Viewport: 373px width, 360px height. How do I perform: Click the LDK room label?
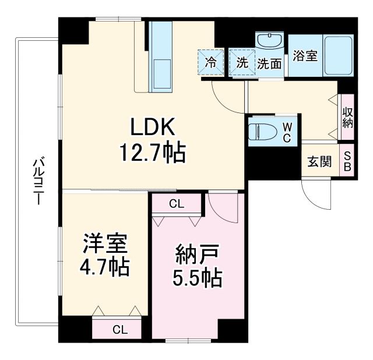point(152,126)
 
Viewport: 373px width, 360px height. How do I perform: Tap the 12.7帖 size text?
point(152,153)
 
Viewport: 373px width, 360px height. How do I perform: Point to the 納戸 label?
point(197,255)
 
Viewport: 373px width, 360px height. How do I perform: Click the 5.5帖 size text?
point(197,280)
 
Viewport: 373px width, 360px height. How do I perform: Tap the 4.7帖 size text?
point(105,267)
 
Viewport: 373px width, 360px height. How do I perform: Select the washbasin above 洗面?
point(270,43)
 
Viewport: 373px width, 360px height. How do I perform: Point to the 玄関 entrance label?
point(319,161)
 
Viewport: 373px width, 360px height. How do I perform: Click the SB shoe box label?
point(347,161)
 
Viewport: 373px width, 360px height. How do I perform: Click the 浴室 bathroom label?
point(305,57)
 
